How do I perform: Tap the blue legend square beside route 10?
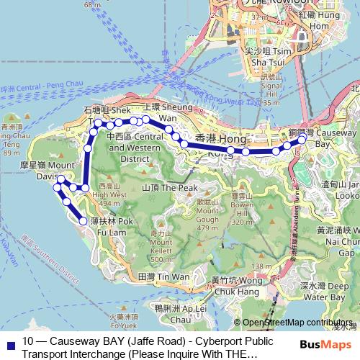click(x=9, y=343)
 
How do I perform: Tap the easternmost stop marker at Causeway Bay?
click(x=302, y=136)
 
